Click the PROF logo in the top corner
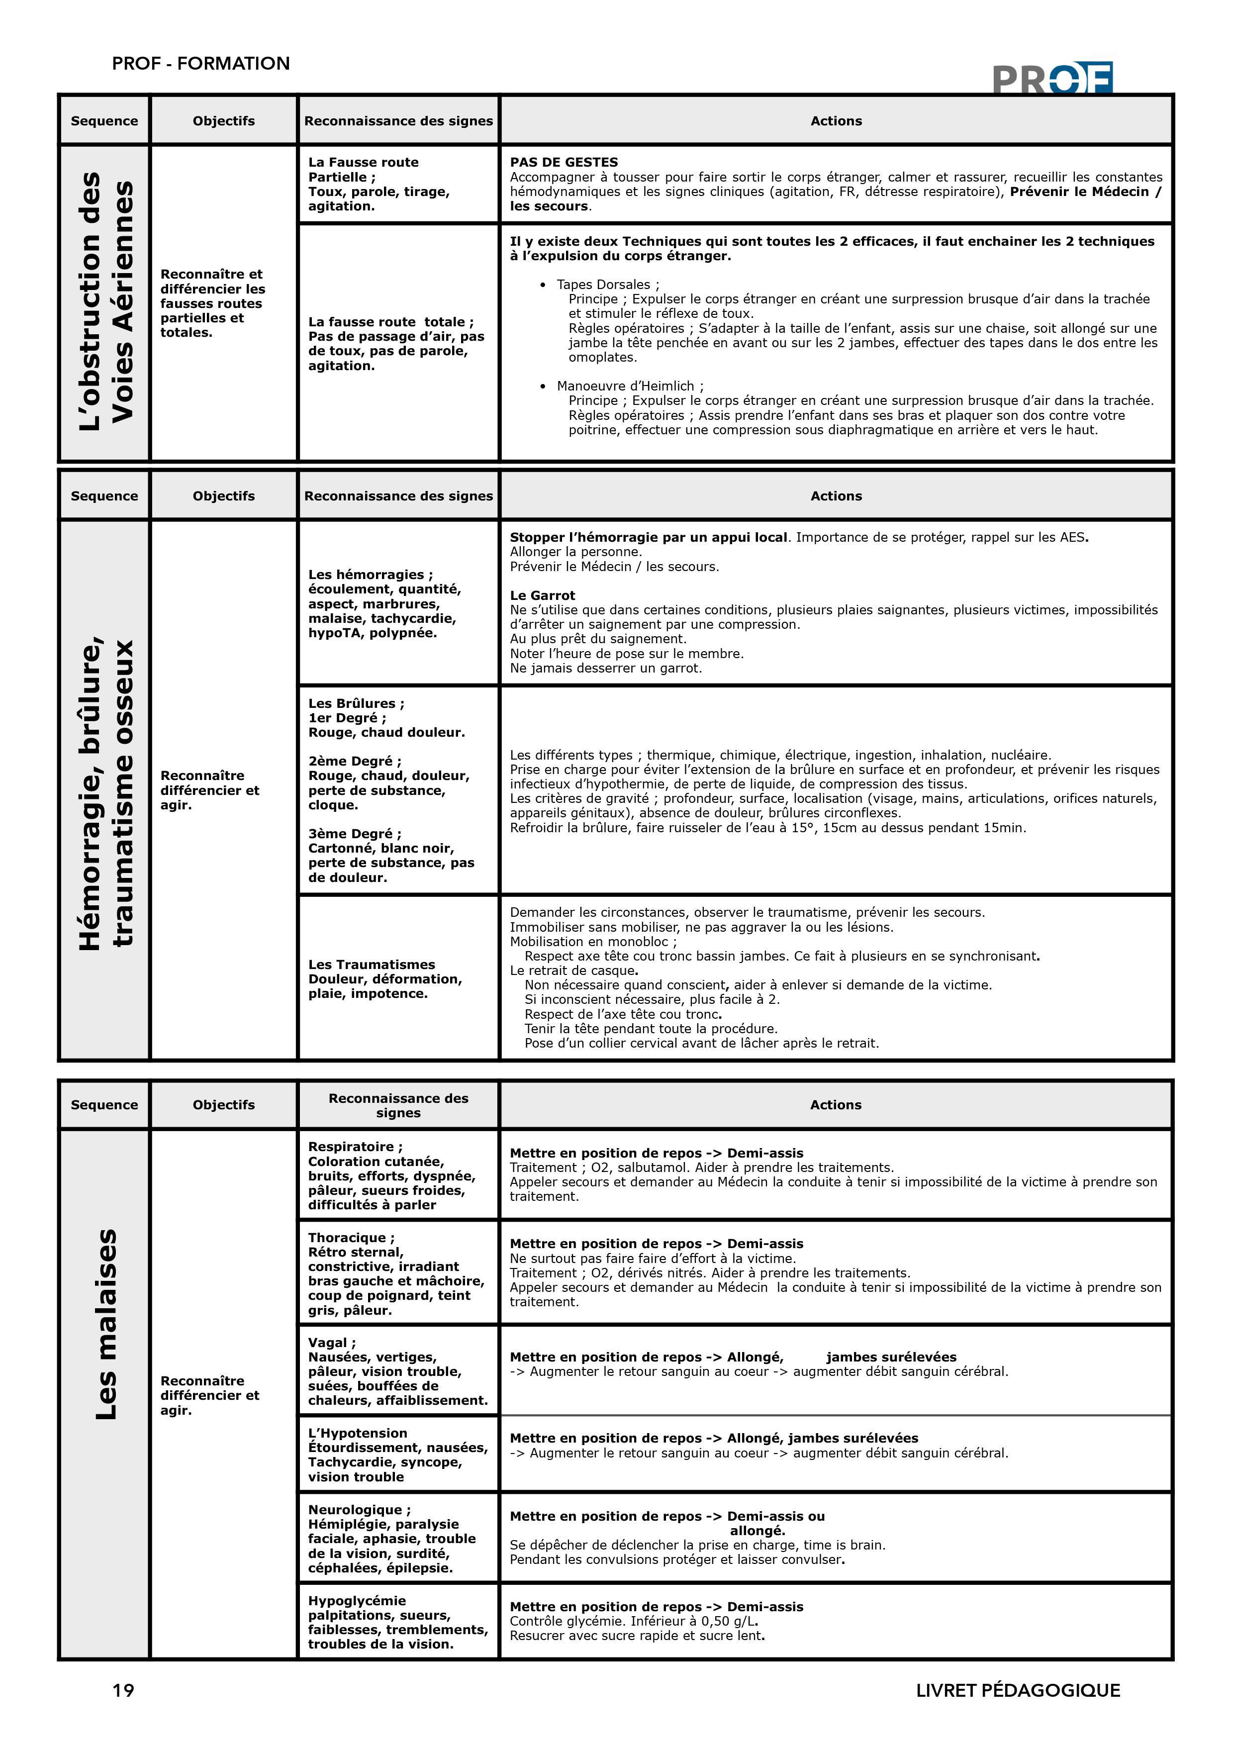(1052, 78)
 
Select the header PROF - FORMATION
(200, 63)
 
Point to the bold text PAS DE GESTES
(564, 162)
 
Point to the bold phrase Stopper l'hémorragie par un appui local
(648, 537)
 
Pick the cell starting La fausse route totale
(395, 344)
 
